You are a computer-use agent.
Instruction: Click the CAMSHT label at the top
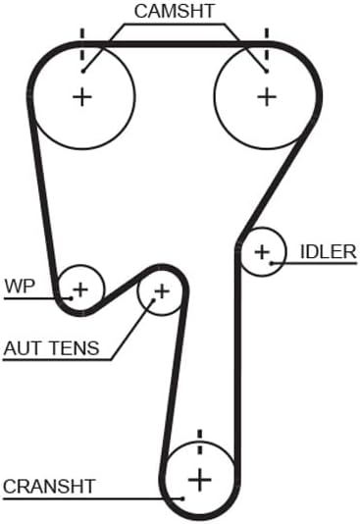point(174,11)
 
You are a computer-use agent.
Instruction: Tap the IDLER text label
point(329,251)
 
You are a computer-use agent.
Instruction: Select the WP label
point(20,287)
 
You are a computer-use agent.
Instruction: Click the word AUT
point(24,348)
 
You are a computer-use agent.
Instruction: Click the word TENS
point(75,348)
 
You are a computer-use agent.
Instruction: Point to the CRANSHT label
point(49,487)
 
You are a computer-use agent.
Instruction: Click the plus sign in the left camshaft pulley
point(82,97)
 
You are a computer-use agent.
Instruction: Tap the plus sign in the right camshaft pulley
point(267,97)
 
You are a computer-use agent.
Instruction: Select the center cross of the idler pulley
point(262,251)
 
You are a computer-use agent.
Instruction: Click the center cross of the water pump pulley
point(80,289)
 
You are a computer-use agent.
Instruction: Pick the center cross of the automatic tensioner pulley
point(162,291)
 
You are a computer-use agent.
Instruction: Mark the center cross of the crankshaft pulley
point(200,480)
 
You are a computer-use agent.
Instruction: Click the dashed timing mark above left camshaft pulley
point(82,45)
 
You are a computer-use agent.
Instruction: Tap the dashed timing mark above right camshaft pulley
point(267,45)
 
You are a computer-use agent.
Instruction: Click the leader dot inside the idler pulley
point(272,263)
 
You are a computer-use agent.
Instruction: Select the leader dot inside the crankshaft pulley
point(182,498)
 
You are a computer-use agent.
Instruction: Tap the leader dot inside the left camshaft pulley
point(83,72)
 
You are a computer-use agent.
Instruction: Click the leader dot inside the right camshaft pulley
point(266,72)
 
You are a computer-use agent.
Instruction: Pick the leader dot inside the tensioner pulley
point(154,300)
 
